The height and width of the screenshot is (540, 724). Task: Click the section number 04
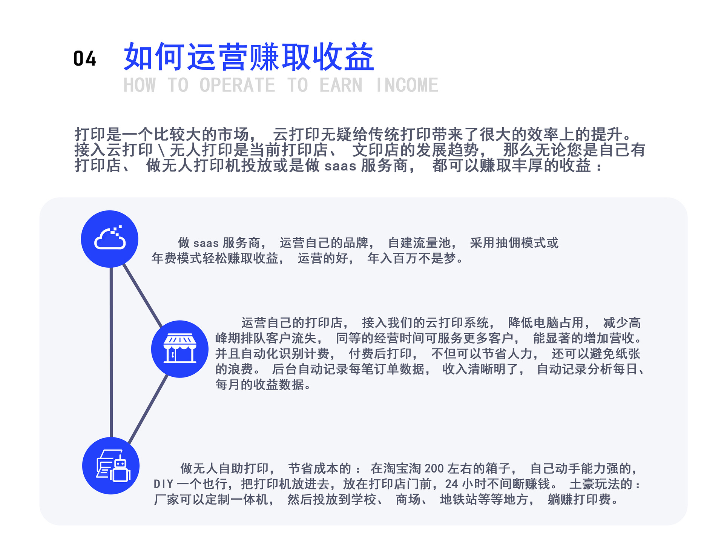tap(84, 59)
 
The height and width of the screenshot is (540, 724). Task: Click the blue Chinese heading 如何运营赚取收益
tap(249, 57)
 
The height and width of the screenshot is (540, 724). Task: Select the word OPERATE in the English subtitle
tap(237, 85)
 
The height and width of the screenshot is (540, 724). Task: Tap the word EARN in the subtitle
tap(341, 85)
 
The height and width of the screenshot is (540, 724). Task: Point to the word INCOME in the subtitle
tap(407, 85)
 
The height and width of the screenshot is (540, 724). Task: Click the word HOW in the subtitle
tap(140, 85)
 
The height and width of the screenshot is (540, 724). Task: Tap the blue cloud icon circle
tap(110, 239)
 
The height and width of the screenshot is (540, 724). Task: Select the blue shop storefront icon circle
tap(180, 349)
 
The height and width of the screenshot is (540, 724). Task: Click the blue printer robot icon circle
tap(111, 466)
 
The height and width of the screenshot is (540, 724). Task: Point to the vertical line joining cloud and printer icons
tap(111, 352)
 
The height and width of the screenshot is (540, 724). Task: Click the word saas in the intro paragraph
tap(341, 166)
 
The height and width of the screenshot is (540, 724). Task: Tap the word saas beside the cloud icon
tap(206, 243)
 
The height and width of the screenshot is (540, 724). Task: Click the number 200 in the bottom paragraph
tap(434, 468)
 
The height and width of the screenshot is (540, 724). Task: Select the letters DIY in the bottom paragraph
tap(164, 484)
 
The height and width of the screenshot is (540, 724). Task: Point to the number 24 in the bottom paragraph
tap(451, 484)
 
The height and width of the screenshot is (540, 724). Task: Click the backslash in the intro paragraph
tap(161, 150)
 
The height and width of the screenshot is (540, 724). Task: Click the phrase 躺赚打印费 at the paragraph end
tap(579, 499)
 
